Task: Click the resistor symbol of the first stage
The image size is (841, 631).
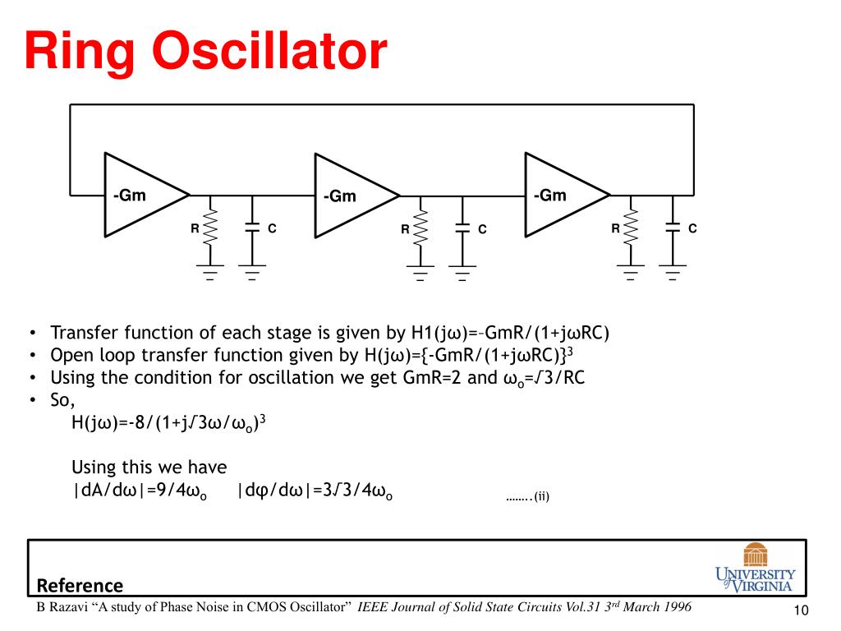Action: coord(210,228)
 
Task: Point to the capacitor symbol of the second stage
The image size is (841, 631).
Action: coord(462,228)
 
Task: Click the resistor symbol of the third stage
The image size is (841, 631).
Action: coord(631,228)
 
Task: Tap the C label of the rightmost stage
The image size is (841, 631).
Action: coord(692,228)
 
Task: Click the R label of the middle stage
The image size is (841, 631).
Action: coord(405,229)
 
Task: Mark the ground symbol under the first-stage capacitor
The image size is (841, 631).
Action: coord(251,272)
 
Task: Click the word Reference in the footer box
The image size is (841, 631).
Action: coord(80,586)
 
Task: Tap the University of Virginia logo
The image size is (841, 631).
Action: coord(755,567)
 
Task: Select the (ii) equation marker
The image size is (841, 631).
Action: coord(541,496)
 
